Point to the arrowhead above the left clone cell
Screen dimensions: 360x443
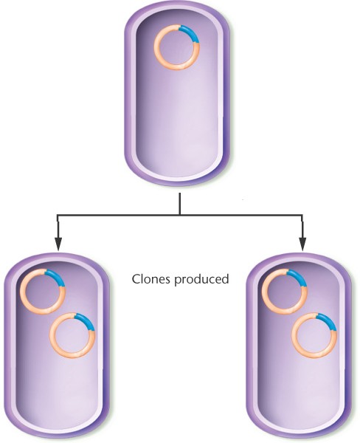[58, 244]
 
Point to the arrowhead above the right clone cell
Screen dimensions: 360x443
[302, 244]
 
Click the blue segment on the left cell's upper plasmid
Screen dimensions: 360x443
[58, 276]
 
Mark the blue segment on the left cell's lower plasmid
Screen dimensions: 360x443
[87, 320]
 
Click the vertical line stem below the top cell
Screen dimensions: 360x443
[179, 204]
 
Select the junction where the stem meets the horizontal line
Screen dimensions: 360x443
[179, 215]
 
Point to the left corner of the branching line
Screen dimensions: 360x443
[58, 216]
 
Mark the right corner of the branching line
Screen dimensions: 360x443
[302, 216]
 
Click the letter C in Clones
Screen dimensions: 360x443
[136, 279]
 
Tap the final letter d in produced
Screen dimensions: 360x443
[225, 279]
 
